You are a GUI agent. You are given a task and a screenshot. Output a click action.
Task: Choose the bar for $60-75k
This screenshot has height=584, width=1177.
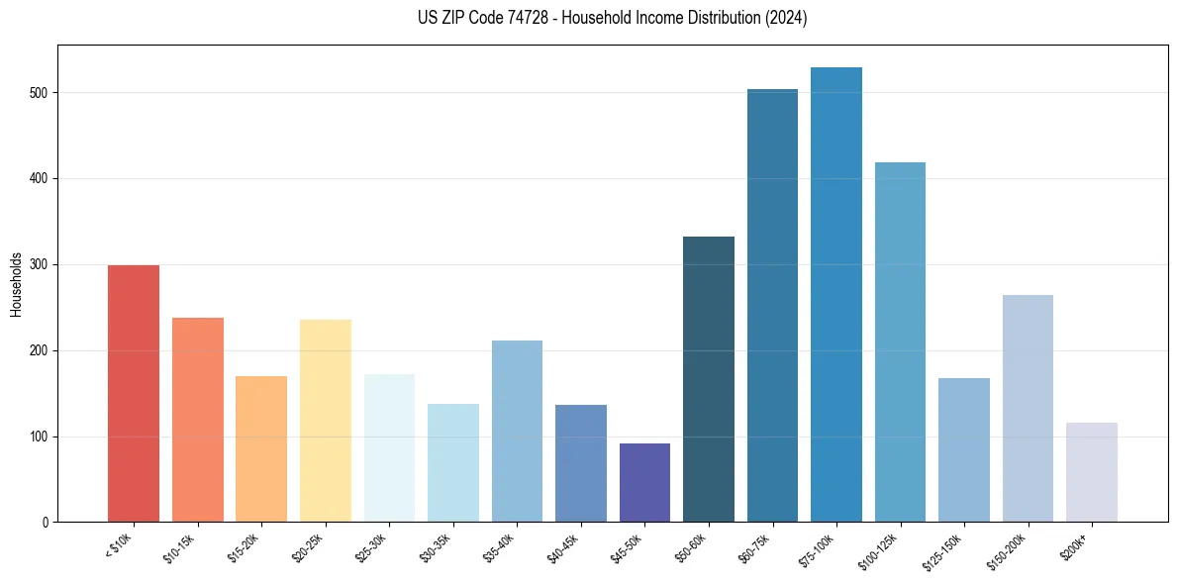click(772, 306)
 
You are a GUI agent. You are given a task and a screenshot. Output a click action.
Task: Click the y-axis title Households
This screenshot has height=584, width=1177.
click(16, 284)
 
